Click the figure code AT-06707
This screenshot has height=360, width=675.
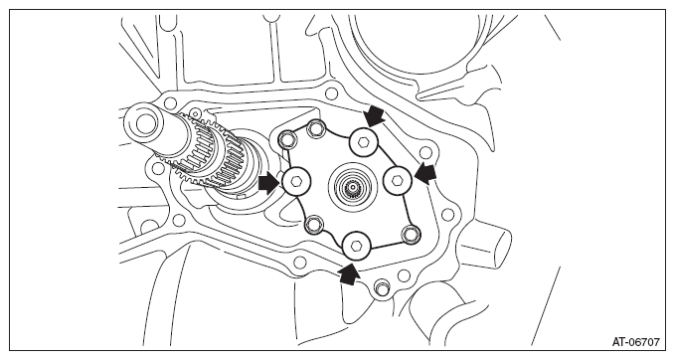(635, 342)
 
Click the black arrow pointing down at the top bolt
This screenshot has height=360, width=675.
(373, 116)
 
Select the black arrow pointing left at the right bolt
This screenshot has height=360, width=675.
(425, 174)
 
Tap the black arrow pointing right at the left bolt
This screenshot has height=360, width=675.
(269, 184)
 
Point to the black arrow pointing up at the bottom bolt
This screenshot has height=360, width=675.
(349, 273)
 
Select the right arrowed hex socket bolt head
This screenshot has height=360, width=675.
(398, 180)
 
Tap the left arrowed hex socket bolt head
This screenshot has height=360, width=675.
(295, 181)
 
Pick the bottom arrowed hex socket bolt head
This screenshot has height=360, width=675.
(357, 245)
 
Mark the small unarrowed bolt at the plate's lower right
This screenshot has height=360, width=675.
(410, 235)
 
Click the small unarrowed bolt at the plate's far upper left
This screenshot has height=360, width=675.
(286, 139)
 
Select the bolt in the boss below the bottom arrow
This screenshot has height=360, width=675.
(380, 287)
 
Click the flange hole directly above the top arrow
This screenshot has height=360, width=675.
(331, 93)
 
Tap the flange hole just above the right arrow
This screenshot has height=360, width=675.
(425, 152)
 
